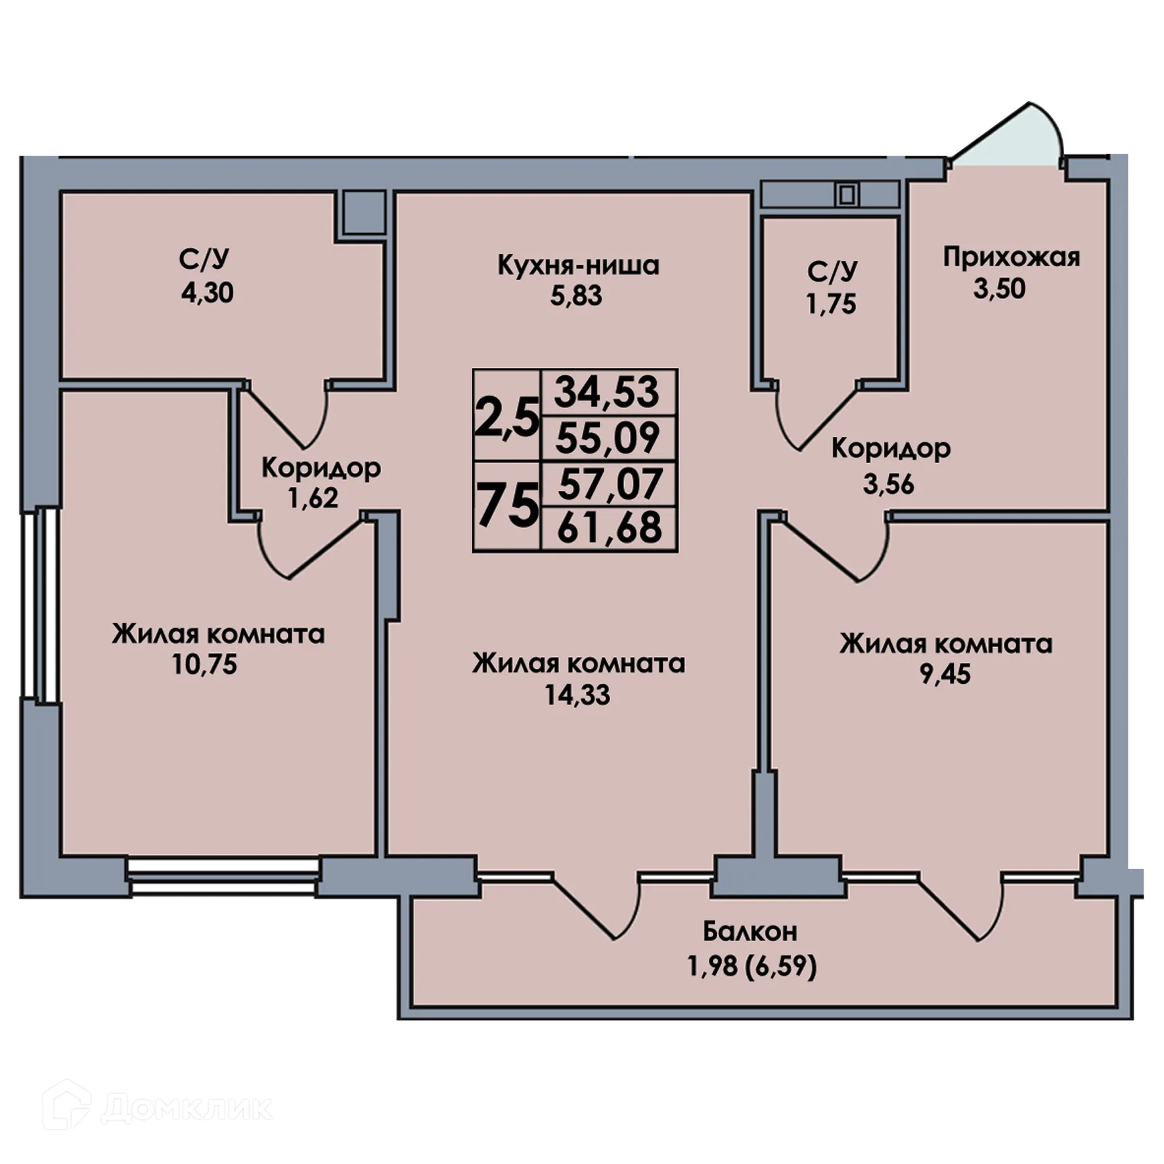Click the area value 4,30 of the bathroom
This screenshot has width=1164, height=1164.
coord(207,293)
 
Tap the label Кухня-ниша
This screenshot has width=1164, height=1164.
coord(578,266)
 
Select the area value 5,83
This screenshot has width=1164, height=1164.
coord(576,296)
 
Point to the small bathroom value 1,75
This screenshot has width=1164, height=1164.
coord(831,304)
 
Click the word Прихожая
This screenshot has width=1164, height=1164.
coord(1011,257)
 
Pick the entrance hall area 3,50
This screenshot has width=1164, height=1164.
coord(999,288)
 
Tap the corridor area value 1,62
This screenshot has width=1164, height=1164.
coord(313,498)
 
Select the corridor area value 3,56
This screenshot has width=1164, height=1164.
coord(888,484)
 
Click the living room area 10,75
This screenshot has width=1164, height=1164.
coord(204,665)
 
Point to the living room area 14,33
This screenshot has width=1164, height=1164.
coord(577,694)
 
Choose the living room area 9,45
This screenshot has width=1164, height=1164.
coord(945,674)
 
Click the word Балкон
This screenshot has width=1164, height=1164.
coord(750,931)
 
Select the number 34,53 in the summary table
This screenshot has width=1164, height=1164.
coord(606,392)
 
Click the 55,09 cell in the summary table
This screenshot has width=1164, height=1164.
coord(607,438)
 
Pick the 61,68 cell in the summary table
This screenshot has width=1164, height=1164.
coord(609,527)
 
